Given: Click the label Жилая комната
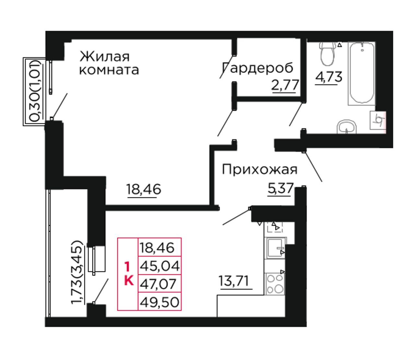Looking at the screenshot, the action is (109, 63).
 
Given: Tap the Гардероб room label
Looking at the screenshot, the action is (258, 68).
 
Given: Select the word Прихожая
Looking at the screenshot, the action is (260, 169).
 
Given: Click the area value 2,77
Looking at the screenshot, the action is (285, 85).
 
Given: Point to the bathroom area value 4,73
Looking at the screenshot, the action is (328, 77).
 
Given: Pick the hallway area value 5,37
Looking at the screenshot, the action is (280, 188).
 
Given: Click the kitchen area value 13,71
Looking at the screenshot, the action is (234, 281).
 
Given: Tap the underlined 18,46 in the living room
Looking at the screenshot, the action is (144, 189).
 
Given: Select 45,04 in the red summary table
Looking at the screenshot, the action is (160, 266).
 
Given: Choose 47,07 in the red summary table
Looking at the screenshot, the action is (158, 284).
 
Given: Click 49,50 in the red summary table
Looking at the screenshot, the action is (160, 302).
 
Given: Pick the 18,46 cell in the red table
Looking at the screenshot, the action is (157, 248).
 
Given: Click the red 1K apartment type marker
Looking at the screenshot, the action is (129, 274).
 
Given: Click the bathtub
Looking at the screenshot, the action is (362, 73).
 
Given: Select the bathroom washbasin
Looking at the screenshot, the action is (347, 127).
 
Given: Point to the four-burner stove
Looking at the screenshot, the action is (275, 284).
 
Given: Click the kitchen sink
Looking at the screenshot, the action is (275, 248).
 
